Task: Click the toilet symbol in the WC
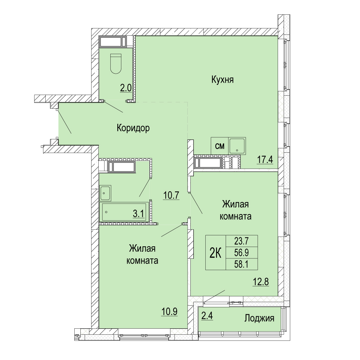coord(116,64)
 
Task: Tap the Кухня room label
coord(222,80)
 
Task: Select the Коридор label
coord(133,128)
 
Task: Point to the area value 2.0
coord(126,88)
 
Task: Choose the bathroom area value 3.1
coord(138,214)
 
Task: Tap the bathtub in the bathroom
coord(124,212)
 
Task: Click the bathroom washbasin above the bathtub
coord(105,193)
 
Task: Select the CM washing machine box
coord(220,146)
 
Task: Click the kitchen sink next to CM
coord(237,146)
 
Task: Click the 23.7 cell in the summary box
coord(242,241)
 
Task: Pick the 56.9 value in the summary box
coord(242,253)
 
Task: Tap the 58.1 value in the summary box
coord(242,264)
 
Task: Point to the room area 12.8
coord(261,281)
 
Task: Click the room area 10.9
coord(169,312)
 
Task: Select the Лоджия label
coord(259,318)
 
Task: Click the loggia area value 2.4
coord(207,316)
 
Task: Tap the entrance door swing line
coord(64,121)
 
